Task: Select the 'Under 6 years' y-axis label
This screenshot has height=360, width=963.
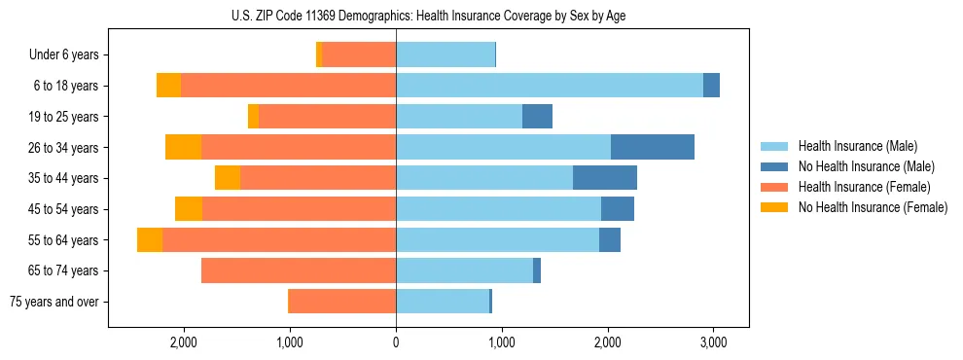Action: click(63, 55)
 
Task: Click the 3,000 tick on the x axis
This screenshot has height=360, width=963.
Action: click(713, 343)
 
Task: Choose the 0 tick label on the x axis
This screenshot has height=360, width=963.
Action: click(396, 343)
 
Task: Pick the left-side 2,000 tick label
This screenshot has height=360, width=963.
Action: click(184, 343)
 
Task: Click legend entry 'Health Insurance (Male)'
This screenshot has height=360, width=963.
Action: click(857, 146)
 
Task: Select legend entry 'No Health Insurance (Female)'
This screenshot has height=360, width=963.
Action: click(873, 207)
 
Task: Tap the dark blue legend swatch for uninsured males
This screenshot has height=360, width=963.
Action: click(774, 166)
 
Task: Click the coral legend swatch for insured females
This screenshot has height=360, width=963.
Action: click(774, 187)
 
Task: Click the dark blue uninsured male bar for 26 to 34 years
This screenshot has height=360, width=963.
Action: click(652, 147)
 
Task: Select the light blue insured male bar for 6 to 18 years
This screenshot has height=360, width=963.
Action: click(550, 86)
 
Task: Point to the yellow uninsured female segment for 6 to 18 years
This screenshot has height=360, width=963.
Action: click(168, 86)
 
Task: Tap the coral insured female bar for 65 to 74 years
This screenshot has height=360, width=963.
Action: click(299, 270)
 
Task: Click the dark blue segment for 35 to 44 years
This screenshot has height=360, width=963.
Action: click(605, 178)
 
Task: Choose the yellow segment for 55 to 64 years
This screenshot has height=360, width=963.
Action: click(150, 240)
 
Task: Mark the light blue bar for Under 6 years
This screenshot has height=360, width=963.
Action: click(446, 54)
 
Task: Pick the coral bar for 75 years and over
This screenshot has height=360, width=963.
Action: click(342, 302)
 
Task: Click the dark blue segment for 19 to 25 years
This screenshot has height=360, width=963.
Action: click(537, 117)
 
